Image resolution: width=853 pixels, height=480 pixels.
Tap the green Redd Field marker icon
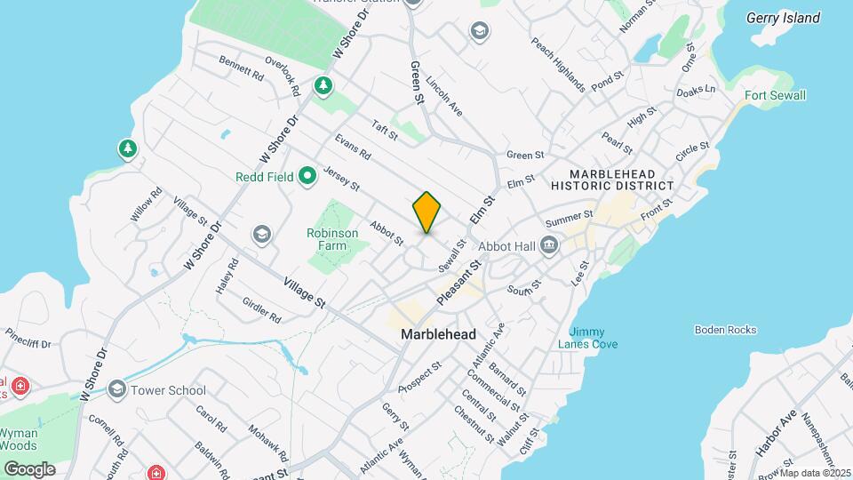click(x=307, y=176)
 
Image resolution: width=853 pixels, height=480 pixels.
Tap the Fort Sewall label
click(x=775, y=95)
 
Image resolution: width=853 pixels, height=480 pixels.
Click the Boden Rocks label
click(x=726, y=330)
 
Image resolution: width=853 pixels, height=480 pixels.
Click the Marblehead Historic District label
click(x=612, y=180)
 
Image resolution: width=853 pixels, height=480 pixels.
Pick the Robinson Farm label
click(x=332, y=239)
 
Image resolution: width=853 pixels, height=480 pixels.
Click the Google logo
click(x=29, y=468)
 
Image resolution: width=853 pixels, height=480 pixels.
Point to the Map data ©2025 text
click(x=815, y=473)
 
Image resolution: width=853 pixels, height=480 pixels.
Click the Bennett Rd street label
click(x=241, y=70)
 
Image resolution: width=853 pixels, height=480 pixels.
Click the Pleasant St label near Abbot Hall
click(x=458, y=283)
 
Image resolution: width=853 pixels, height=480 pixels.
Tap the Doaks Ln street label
click(x=695, y=90)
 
